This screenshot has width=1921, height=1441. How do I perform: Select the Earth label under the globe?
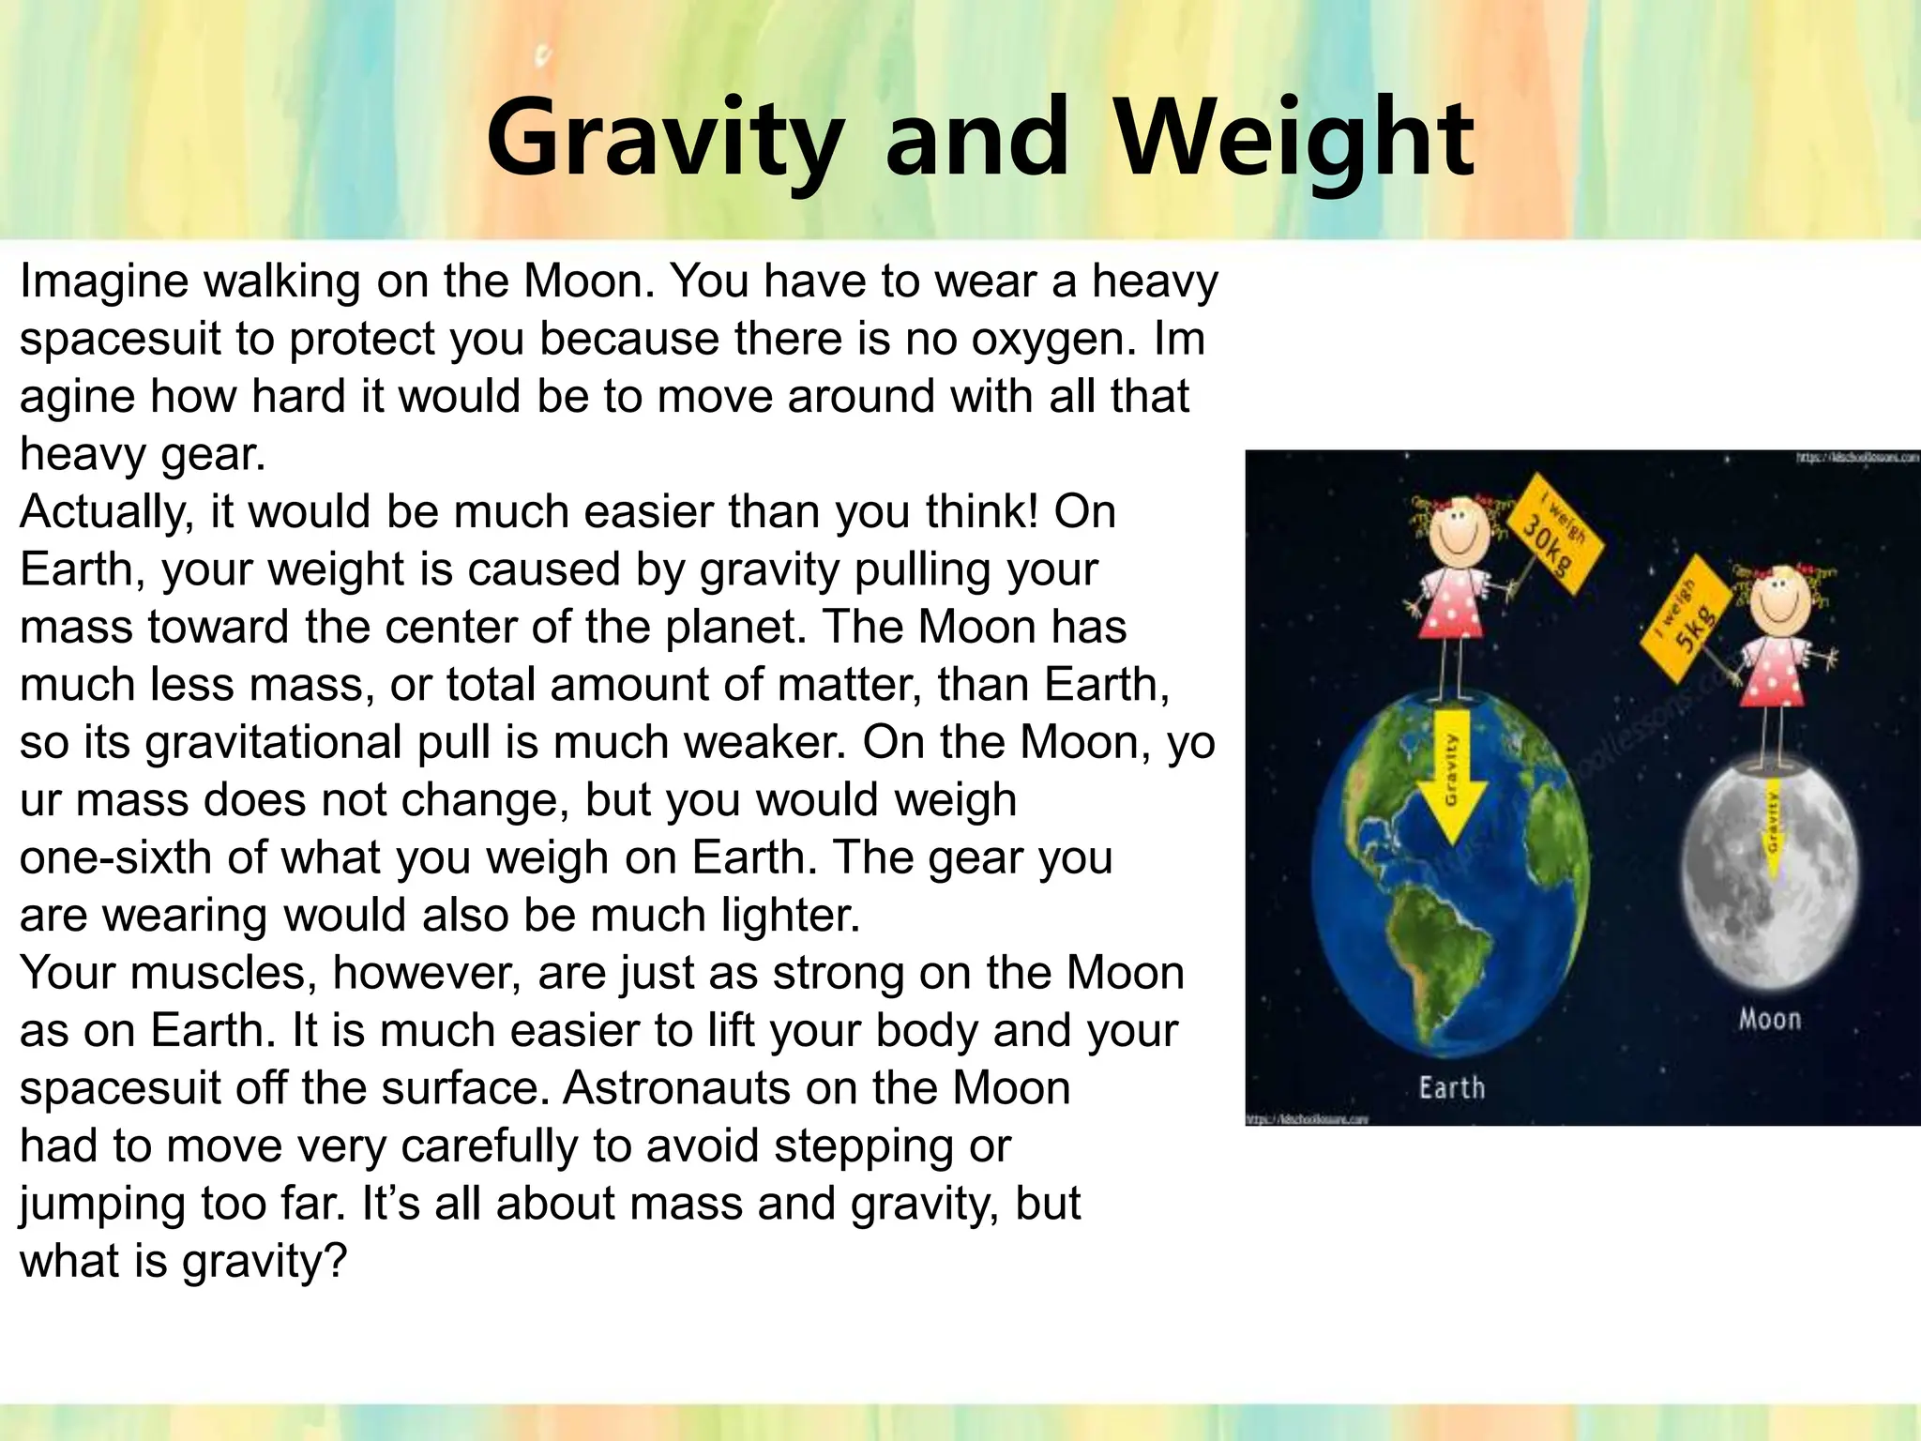1451,1088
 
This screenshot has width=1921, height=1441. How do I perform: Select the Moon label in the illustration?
1769,1019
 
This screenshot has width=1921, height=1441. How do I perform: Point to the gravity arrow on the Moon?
1772,826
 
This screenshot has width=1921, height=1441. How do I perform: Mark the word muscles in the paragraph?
224,973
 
